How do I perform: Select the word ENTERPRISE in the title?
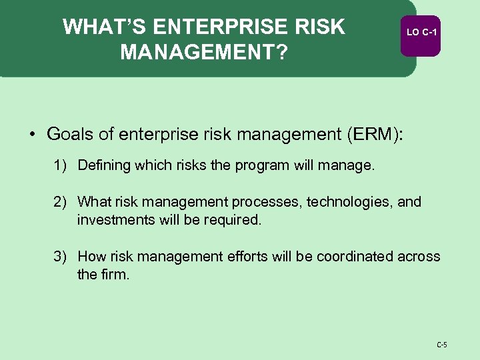[x=220, y=27]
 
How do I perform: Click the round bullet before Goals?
[x=32, y=134]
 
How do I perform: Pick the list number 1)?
[x=61, y=165]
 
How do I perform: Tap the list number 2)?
[x=61, y=201]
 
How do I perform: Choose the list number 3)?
[x=61, y=257]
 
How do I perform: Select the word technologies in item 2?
[x=349, y=201]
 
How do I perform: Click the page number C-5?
[x=441, y=345]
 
